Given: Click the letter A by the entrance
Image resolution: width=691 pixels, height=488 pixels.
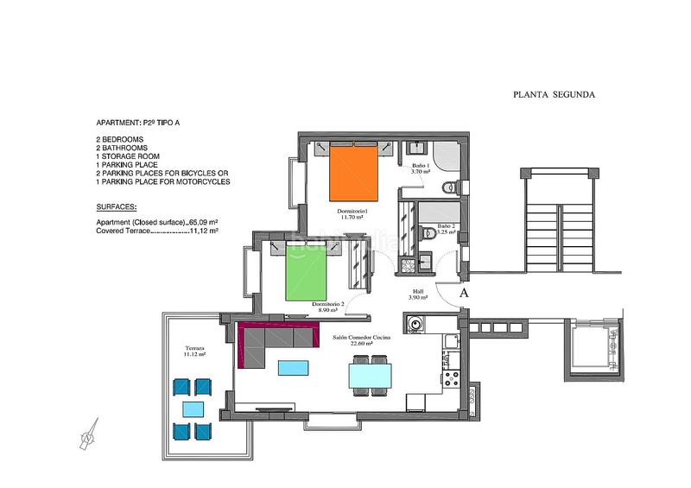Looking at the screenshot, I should click(464, 294).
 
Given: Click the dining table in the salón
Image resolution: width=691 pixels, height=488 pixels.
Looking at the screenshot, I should click(370, 376).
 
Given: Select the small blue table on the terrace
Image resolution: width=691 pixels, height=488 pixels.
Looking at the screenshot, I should click(193, 409).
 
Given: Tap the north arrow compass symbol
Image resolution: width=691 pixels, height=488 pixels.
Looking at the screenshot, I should click(88, 435).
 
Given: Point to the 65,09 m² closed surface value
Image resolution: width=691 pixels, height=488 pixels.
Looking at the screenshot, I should click(204, 222).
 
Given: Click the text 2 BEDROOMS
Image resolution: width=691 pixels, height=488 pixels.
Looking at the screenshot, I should click(119, 139).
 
